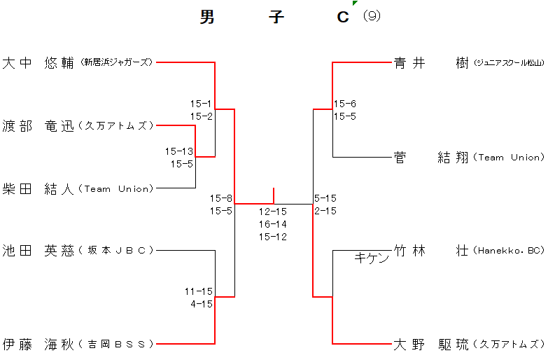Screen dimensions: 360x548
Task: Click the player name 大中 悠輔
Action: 38,62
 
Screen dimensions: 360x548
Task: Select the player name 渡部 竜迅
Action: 38,126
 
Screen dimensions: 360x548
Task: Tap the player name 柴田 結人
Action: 38,188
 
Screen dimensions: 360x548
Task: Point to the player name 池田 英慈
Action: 38,250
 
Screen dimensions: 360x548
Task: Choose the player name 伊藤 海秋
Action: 38,344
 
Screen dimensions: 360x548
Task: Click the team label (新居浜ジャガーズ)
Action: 116,62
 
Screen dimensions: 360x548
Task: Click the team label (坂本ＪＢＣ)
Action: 116,250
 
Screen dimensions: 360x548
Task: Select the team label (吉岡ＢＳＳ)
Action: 116,344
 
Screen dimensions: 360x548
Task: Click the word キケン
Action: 372,258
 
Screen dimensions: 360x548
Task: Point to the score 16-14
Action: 273,224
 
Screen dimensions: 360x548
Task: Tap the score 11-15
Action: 199,291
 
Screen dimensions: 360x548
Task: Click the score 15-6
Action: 344,104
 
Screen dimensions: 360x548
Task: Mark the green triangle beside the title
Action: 355,4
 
